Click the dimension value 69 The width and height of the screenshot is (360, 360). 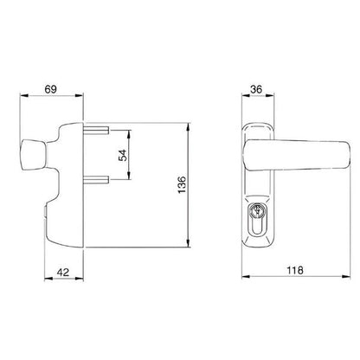coord(51,89)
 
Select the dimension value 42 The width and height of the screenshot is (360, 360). coord(63,272)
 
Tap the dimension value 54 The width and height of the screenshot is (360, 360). coord(123,155)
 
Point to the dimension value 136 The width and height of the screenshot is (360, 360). coord(182,184)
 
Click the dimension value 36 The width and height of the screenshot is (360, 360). coord(256,89)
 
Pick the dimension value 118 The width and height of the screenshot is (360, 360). coord(295,270)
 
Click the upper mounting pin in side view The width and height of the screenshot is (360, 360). coord(96,130)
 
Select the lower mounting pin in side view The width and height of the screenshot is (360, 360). coord(96,180)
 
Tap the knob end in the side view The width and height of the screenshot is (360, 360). coord(33,154)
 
